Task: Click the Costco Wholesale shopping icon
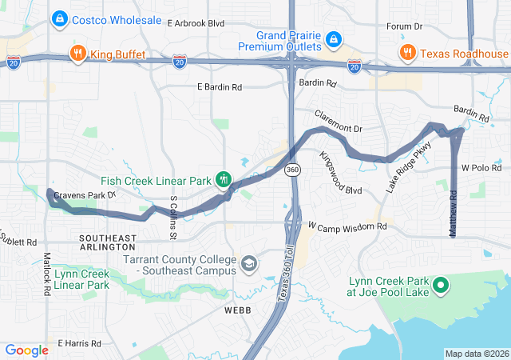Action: coord(59,18)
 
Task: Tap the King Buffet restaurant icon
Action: coord(77,54)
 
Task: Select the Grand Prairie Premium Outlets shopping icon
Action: coord(335,38)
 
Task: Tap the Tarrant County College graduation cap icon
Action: coord(250,263)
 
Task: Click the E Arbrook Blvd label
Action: coord(196,24)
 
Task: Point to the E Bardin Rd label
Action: coord(219,86)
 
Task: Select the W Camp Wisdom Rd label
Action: coord(347,227)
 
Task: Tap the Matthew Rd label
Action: coord(453,213)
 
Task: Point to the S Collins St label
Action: coord(172,214)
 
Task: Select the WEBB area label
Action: coord(239,309)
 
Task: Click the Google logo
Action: coord(27,350)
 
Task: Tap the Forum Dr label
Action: coord(404,26)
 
